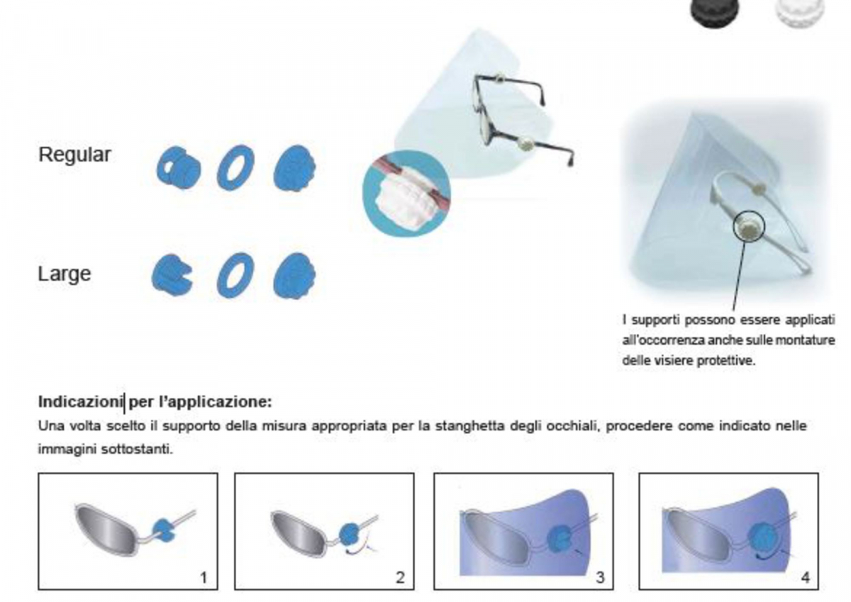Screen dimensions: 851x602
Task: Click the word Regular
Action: pyautogui.click(x=74, y=155)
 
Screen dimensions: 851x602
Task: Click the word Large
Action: pyautogui.click(x=65, y=274)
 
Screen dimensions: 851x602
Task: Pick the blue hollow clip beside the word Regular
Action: pyautogui.click(x=179, y=168)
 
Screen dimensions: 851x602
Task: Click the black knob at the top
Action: pyautogui.click(x=715, y=12)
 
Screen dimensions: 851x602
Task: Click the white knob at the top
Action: pyautogui.click(x=800, y=12)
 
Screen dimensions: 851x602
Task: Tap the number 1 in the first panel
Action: pyautogui.click(x=204, y=578)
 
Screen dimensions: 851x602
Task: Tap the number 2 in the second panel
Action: pyautogui.click(x=401, y=578)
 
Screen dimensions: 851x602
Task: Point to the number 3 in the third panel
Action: pyautogui.click(x=600, y=578)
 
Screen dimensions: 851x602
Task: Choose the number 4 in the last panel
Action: pyautogui.click(x=805, y=578)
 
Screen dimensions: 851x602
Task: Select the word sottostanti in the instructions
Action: pyautogui.click(x=137, y=450)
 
